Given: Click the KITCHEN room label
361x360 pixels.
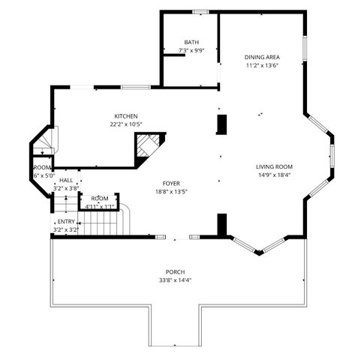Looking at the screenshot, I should pyautogui.click(x=125, y=115).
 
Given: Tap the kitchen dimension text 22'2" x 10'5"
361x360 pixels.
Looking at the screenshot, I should pyautogui.click(x=125, y=124).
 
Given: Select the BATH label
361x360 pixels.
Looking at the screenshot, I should pyautogui.click(x=191, y=42).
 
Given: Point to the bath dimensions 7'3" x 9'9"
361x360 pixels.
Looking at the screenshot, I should pyautogui.click(x=191, y=50).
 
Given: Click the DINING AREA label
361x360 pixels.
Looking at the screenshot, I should pyautogui.click(x=263, y=57).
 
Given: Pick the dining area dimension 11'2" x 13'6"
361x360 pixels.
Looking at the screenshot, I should pyautogui.click(x=263, y=65).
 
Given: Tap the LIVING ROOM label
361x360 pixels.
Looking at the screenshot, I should pyautogui.click(x=274, y=166).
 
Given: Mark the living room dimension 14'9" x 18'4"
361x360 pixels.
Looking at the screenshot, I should pyautogui.click(x=274, y=175).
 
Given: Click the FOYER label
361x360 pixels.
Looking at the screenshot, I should pyautogui.click(x=170, y=183).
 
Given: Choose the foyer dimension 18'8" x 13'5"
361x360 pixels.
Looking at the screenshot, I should pyautogui.click(x=170, y=191).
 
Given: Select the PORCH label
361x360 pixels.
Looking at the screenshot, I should pyautogui.click(x=176, y=271).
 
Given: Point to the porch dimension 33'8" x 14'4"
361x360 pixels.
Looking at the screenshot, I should pyautogui.click(x=176, y=280).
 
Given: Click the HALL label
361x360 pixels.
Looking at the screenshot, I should pyautogui.click(x=67, y=181).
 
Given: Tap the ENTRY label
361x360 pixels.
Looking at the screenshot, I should pyautogui.click(x=66, y=222).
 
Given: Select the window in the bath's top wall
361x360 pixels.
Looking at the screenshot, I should pyautogui.click(x=200, y=11).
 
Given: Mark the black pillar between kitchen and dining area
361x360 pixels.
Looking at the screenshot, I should pyautogui.click(x=222, y=124).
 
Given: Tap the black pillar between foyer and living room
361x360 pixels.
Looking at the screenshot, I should pyautogui.click(x=222, y=223).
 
